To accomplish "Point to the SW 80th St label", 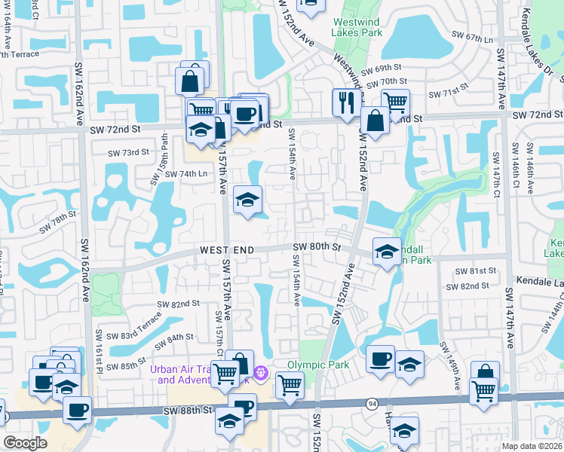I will [x=317, y=246].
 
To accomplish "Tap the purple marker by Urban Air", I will [x=261, y=372].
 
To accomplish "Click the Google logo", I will [x=25, y=443].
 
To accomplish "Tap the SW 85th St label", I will [x=127, y=367].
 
